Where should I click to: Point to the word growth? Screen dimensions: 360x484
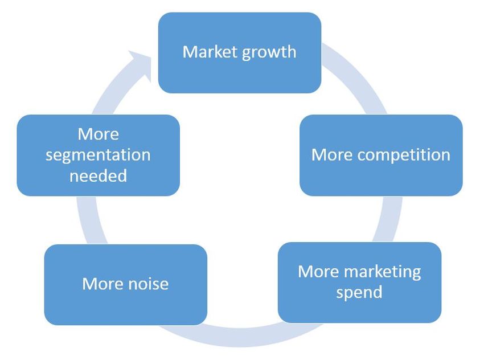269,52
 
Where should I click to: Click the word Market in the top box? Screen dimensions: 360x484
210,52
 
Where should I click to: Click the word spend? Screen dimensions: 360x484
359,293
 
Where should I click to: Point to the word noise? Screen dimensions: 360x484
146,284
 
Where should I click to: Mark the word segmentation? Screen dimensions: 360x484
98,155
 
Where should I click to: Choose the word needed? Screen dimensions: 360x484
98,175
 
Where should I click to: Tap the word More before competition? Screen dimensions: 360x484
331,155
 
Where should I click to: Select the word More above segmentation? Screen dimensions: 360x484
98,134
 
